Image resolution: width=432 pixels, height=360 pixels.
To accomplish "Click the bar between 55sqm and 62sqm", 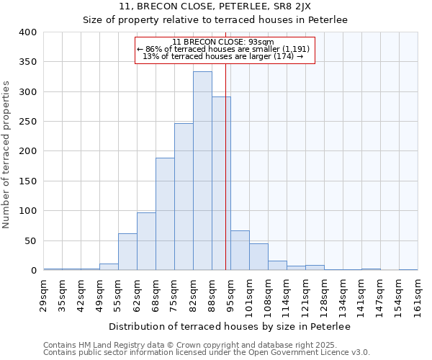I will pos(127,251).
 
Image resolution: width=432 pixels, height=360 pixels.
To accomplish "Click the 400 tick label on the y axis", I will pos(28,32).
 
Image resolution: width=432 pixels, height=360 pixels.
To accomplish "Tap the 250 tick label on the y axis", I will pos(28,122).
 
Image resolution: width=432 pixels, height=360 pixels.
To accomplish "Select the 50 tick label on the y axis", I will pos(30,240).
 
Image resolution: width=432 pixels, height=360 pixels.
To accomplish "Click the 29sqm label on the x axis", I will pos(43,294).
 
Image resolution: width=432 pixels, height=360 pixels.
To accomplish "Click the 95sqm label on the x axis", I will pos(230,294).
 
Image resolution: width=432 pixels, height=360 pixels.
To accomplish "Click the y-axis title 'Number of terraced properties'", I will pos(6,155).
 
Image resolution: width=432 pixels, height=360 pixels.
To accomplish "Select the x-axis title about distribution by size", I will pos(230,327).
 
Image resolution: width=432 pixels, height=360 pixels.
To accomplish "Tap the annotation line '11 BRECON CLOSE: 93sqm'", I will pos(223,42).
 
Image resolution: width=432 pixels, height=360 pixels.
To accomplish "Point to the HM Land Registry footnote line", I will pos(185,345).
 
